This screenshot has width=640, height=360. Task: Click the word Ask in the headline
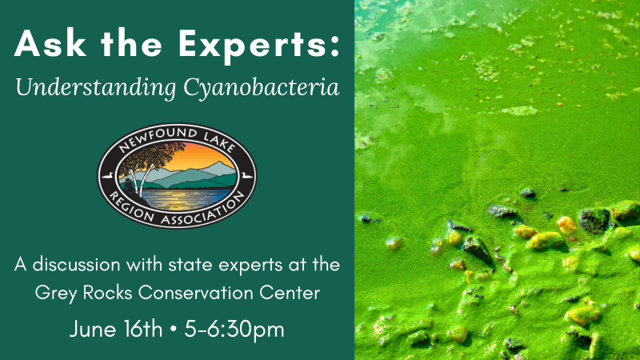[50, 43]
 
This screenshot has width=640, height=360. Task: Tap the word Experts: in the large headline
[259, 46]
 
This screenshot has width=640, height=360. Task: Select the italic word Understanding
[96, 88]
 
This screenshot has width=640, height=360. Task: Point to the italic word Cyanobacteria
[262, 88]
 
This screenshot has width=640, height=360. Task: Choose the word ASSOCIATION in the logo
[202, 210]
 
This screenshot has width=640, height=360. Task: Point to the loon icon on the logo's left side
[107, 176]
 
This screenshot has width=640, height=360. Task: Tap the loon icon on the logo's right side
[247, 176]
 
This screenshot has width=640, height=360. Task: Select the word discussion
[76, 265]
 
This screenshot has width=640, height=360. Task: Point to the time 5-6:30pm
[234, 330]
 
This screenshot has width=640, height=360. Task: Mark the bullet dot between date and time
[173, 329]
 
